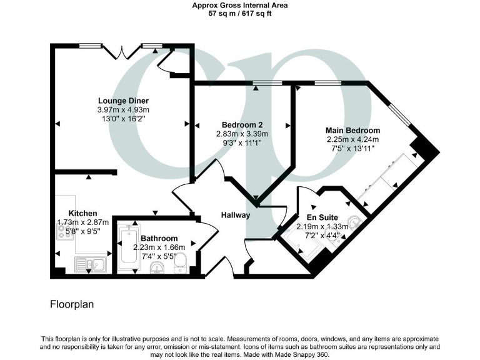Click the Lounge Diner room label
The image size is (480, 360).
[x=124, y=100]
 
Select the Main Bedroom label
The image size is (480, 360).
[x=353, y=130]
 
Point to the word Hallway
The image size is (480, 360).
[x=236, y=215]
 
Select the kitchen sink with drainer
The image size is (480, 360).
[x=92, y=264]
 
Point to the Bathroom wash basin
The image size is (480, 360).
[x=157, y=267]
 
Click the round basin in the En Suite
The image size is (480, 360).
[x=353, y=222]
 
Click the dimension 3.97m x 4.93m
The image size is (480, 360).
[x=124, y=109]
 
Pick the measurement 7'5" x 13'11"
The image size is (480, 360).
[x=353, y=148]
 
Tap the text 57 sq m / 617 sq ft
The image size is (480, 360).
[x=240, y=13]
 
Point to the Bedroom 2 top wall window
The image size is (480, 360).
[x=262, y=83]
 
